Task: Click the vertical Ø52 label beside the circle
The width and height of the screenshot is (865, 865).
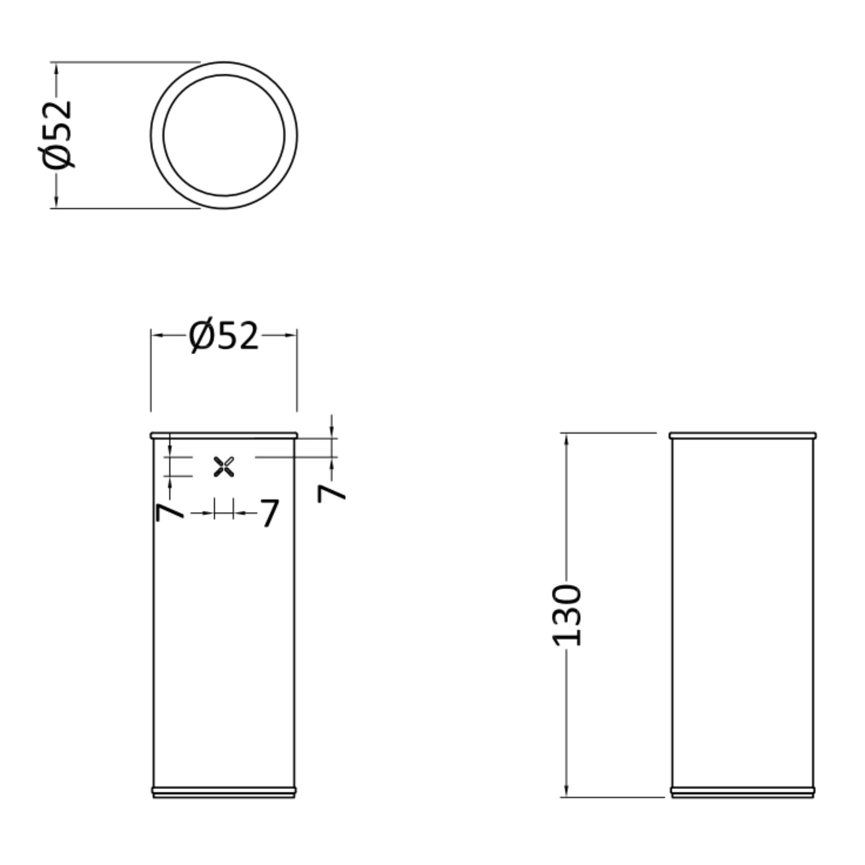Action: tap(56, 135)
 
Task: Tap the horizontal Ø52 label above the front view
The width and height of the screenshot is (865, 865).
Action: tap(224, 335)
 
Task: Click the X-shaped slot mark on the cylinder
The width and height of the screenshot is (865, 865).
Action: tap(224, 467)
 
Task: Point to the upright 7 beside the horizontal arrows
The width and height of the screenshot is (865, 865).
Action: tap(269, 513)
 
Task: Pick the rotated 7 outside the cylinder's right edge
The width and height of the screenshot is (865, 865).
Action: tap(331, 493)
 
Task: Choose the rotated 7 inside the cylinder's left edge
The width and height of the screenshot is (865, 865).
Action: tap(170, 512)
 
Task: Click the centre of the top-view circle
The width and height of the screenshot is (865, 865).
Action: tap(224, 135)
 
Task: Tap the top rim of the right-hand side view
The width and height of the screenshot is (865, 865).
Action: tap(743, 435)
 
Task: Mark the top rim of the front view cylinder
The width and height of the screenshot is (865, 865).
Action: tap(224, 435)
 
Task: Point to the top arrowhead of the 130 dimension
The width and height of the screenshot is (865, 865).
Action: tap(567, 439)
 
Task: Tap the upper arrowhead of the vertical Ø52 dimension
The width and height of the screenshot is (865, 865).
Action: tap(56, 68)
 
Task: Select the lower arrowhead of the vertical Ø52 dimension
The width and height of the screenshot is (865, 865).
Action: tap(56, 202)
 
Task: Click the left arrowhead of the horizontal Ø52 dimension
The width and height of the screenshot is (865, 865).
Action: tap(157, 335)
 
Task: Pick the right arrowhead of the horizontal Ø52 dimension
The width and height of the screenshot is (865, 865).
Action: tap(291, 335)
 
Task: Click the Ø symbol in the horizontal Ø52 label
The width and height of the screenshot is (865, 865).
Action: tap(201, 335)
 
